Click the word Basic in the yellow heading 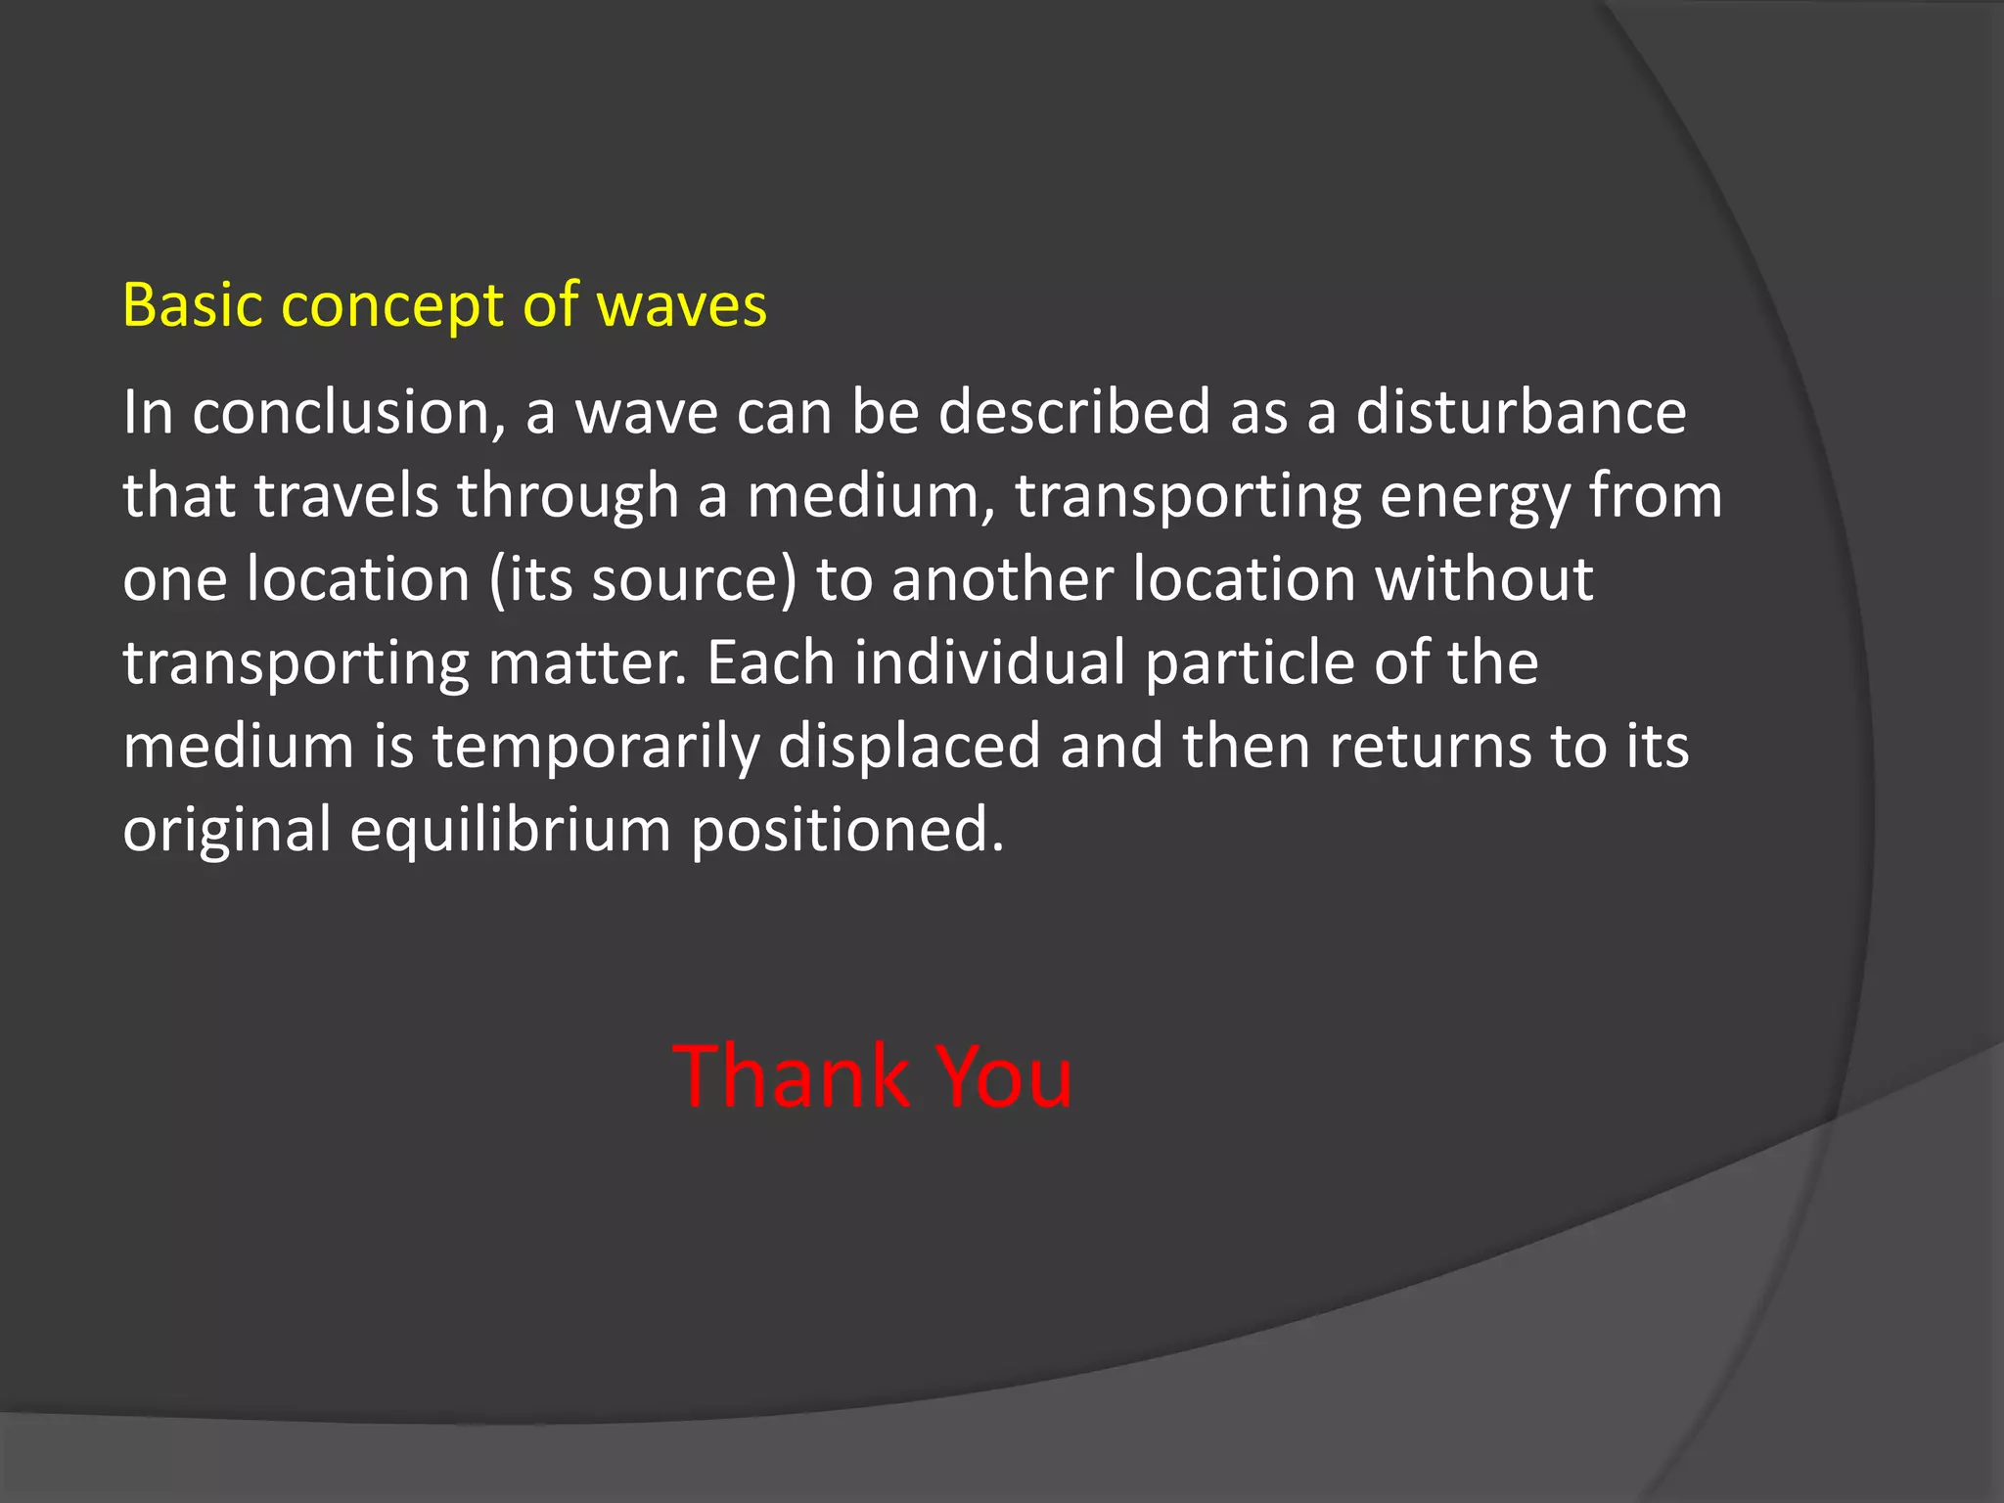point(192,305)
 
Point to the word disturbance point(1521,413)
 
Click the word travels point(346,496)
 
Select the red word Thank point(791,1076)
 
